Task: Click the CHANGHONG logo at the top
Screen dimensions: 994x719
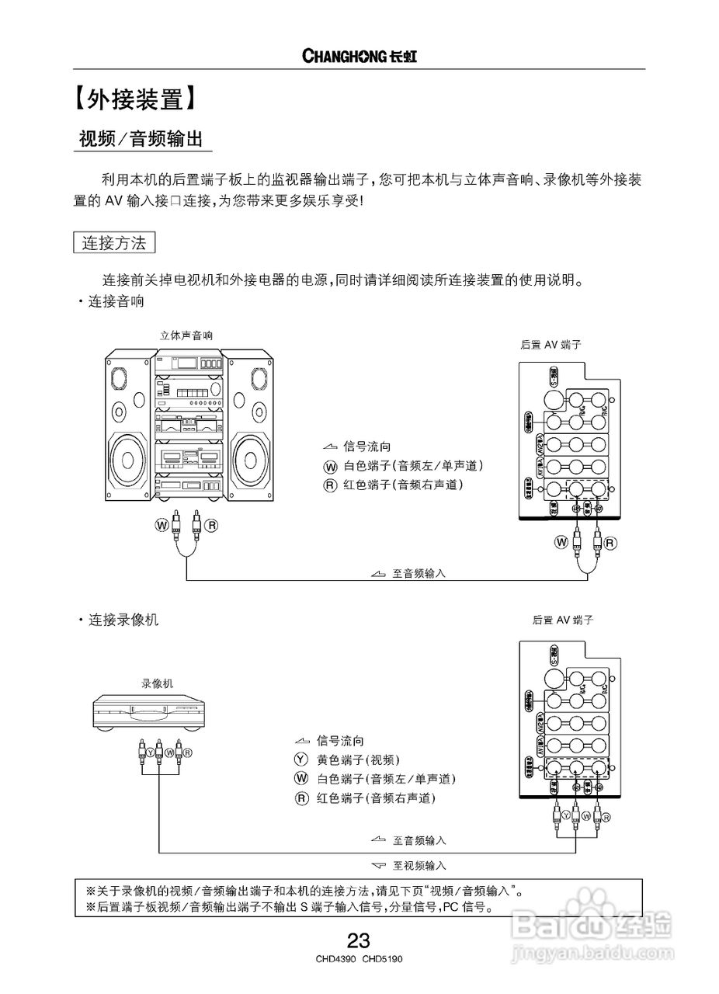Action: pos(359,56)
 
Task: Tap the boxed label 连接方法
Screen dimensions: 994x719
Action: pos(114,242)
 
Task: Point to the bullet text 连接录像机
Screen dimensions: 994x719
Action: pos(122,620)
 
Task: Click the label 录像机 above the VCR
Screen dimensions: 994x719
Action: pos(158,683)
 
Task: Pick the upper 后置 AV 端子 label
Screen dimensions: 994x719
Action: pos(551,344)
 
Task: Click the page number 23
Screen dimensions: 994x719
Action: pos(359,941)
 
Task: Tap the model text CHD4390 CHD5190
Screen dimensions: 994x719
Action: pos(359,959)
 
